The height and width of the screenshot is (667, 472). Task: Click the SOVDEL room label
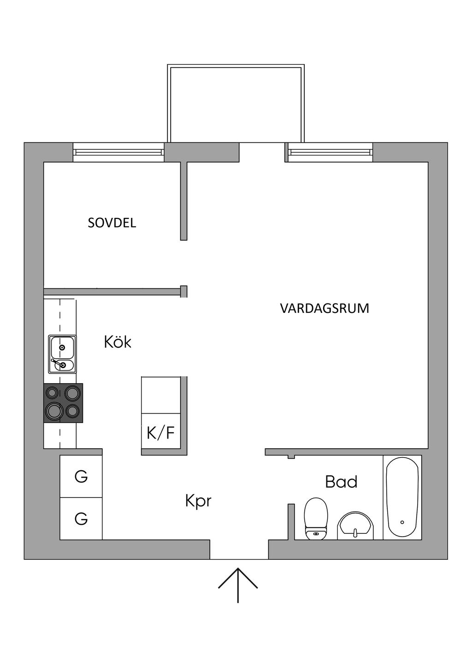tap(112, 223)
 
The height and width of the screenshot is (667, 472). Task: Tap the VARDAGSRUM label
tap(324, 308)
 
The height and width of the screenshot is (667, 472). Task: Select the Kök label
tap(118, 342)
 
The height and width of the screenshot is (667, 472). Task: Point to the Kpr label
tap(198, 500)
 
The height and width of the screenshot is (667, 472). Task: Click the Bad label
tap(341, 482)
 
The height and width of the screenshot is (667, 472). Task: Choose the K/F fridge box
tap(161, 433)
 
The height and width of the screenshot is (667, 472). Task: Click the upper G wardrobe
tap(81, 476)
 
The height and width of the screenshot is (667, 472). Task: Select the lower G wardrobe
tap(81, 519)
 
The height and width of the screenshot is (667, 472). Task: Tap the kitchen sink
tap(62, 354)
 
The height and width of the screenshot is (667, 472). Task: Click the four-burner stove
tap(63, 403)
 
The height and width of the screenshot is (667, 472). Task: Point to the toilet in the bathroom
tap(316, 518)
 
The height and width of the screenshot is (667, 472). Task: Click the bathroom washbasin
tap(354, 526)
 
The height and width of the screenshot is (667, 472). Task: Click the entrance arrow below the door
tap(238, 585)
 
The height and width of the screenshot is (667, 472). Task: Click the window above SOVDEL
tap(118, 152)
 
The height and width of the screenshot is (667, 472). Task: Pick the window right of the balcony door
tap(330, 152)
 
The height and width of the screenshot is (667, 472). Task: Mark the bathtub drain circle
tap(402, 522)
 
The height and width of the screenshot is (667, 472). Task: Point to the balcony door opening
tap(262, 152)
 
